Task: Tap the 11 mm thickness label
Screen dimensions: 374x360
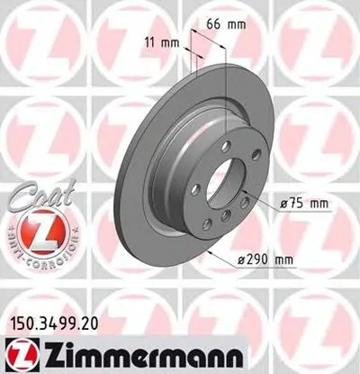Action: [163, 39]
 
